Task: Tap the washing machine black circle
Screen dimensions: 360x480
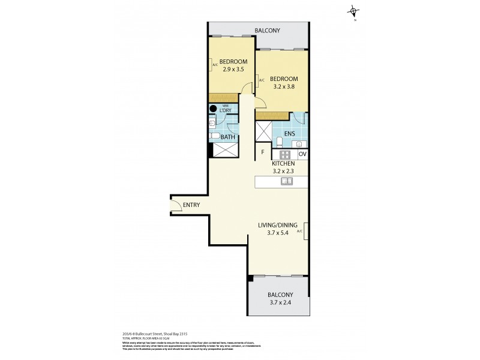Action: [213, 109]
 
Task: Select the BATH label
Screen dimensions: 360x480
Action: [227, 137]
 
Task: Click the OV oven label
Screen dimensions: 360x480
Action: [302, 154]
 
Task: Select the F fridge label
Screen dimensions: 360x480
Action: [262, 153]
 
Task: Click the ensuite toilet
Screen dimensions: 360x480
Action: [280, 142]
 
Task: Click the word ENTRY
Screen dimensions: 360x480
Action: [191, 205]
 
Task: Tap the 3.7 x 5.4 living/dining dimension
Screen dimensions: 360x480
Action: [278, 233]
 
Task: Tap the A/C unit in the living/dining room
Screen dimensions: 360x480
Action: [306, 230]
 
